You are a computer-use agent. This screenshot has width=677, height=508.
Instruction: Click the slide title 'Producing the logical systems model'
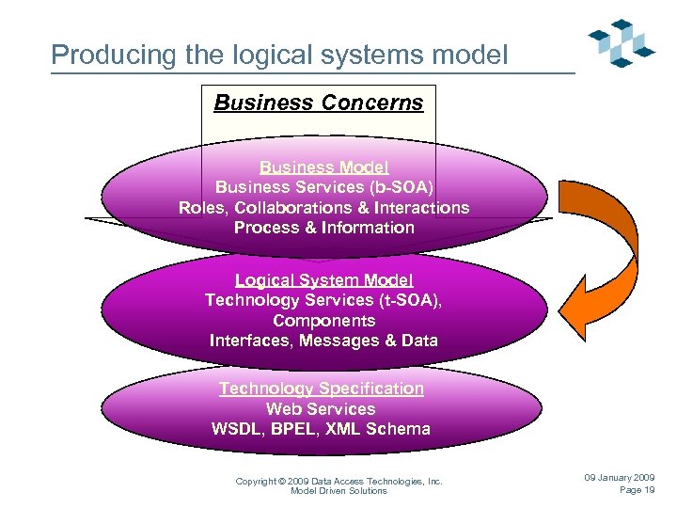[279, 55]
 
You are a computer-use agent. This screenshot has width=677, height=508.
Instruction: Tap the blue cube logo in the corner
[621, 42]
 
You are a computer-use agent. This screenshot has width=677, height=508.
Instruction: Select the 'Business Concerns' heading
[319, 103]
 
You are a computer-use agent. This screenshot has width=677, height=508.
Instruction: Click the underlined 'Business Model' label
[323, 167]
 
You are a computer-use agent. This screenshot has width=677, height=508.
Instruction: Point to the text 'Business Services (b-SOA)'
[323, 187]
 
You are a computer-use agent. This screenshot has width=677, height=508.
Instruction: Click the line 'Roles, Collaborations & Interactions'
[323, 208]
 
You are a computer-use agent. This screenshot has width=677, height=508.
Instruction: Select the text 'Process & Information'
[323, 228]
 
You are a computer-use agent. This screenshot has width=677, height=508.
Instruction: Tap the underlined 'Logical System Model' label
[323, 280]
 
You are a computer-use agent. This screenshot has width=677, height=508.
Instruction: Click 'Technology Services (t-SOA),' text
[323, 300]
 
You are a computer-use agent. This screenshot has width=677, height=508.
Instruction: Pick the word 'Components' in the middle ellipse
[323, 321]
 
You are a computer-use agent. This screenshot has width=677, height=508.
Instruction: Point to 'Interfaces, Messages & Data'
[323, 341]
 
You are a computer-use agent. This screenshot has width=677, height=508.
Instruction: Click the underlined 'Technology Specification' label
[321, 389]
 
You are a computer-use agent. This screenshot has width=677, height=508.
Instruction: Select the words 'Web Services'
[321, 409]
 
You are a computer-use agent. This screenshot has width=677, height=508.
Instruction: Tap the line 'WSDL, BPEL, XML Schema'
[321, 429]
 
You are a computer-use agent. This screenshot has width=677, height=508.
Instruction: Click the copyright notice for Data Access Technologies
[338, 481]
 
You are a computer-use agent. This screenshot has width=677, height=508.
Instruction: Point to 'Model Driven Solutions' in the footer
[338, 491]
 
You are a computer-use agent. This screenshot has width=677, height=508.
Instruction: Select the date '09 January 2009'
[620, 478]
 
